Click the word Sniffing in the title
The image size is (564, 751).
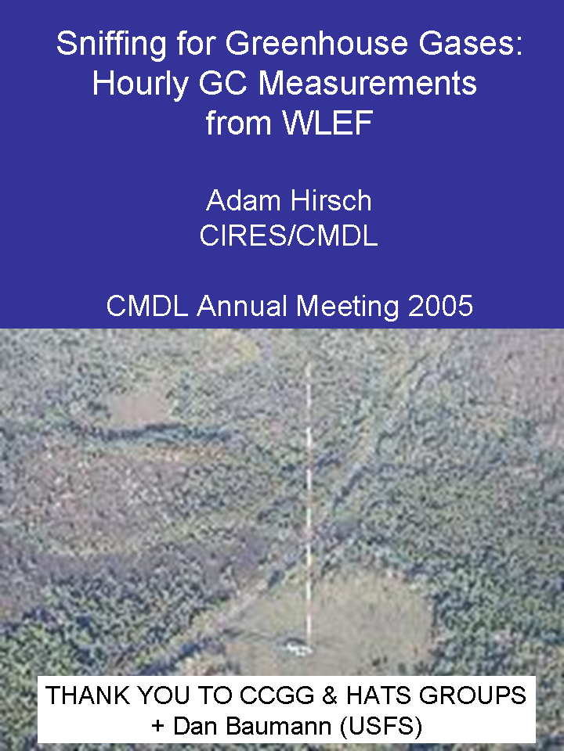tap(110, 45)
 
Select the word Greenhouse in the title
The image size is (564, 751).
tap(317, 43)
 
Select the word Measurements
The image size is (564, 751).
tap(367, 84)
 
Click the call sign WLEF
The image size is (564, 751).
tap(327, 123)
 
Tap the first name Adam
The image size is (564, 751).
tap(241, 200)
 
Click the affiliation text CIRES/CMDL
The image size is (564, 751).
tap(289, 235)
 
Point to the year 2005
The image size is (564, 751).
tap(440, 306)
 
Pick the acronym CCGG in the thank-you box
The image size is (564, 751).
tap(277, 695)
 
